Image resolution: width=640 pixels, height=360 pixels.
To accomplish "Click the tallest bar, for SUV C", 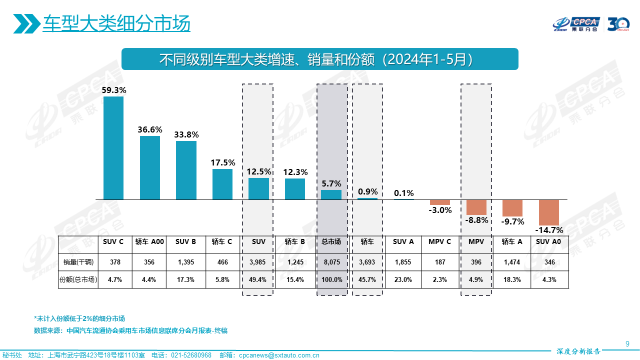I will coord(113,148).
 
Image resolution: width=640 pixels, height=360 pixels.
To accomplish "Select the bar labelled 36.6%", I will coord(150,167).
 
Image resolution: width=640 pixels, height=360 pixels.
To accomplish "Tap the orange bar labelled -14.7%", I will coord(548,212).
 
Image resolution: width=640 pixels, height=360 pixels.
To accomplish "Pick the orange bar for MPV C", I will coord(440,202).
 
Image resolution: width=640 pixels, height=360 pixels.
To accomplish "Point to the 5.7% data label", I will coord(331,183).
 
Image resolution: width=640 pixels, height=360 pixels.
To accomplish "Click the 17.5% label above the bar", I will coord(222,162).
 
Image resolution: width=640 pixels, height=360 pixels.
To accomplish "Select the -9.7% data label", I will coord(512,221).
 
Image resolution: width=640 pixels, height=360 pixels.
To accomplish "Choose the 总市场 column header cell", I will coord(331,242).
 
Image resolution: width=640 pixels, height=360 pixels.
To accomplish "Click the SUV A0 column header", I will coord(548,242).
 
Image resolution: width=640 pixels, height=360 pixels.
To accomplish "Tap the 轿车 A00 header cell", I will coord(149,242).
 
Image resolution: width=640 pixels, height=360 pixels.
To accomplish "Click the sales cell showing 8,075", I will coord(331,262).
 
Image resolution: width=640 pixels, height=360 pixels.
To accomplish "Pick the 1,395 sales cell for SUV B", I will coord(185,262).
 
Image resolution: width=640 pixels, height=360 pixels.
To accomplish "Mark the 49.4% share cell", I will coord(258,279).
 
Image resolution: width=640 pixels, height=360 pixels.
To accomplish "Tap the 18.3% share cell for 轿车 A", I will coord(512,279).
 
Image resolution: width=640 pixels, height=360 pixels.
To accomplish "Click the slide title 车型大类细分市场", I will coord(116,23).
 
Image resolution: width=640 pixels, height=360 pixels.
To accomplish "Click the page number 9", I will coord(627,343).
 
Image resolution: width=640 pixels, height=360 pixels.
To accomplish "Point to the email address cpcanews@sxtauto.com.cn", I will coord(279,355).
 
